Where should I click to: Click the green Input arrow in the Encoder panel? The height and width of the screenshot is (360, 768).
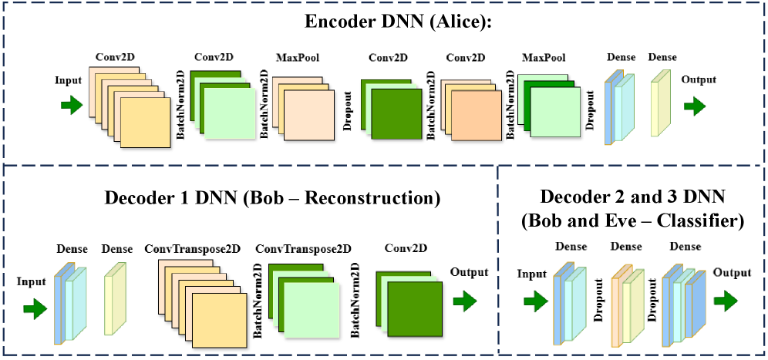pos(72,106)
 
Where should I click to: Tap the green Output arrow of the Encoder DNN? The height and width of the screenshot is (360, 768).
pos(694,105)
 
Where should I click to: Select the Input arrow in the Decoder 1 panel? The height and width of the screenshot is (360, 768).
pos(35,309)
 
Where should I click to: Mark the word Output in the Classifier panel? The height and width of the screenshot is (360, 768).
pos(732,272)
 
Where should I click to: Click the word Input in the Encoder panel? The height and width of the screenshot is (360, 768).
pos(69,79)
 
